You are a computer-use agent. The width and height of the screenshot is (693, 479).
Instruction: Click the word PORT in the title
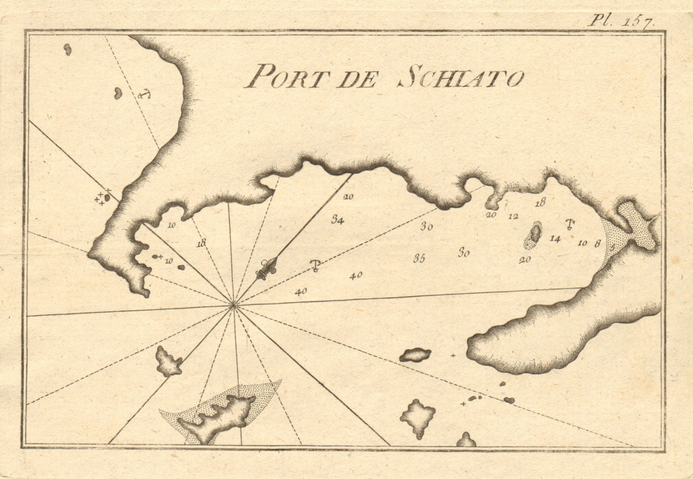coord(278,79)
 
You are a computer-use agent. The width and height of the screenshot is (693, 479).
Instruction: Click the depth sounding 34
coord(338,220)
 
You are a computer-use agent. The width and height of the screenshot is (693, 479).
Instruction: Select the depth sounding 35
coord(419,259)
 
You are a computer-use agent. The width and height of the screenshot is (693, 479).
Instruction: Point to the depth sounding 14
coord(555,238)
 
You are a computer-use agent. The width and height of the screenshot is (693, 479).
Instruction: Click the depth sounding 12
coord(513,217)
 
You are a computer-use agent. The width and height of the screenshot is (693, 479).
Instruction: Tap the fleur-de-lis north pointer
coord(265,269)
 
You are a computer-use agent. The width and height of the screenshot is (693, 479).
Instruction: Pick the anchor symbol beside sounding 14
coord(570,224)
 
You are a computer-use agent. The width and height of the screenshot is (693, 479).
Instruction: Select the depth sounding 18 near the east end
coord(540,202)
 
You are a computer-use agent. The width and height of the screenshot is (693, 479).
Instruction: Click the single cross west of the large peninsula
coord(453,356)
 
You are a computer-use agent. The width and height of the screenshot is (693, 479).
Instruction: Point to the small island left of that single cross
coord(415,355)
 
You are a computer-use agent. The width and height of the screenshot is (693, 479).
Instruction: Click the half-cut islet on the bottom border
coord(466,440)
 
